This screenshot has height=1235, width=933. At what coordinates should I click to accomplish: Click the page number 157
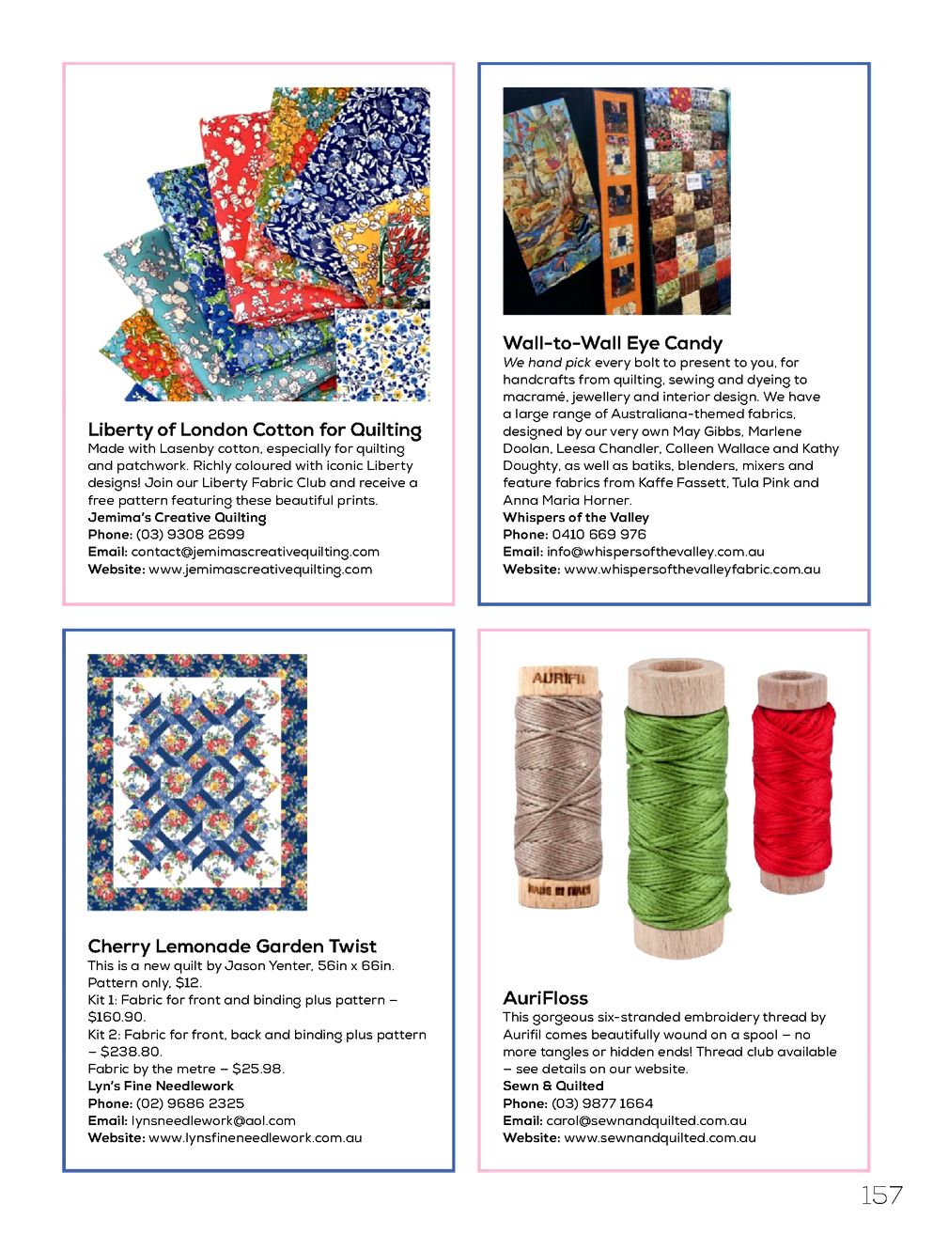point(881,1195)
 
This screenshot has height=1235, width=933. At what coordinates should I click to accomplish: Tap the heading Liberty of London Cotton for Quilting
point(255,430)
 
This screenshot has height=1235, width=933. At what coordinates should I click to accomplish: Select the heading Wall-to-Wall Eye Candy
point(613,343)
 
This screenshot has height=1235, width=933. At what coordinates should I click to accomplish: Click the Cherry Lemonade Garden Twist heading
point(232,946)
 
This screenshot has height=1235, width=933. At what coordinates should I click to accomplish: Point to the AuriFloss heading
point(545,997)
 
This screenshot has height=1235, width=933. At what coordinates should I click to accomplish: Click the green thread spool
point(676,808)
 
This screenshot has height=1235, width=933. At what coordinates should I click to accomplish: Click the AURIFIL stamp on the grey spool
point(558,679)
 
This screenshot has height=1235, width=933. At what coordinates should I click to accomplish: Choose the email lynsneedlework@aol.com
point(213,1120)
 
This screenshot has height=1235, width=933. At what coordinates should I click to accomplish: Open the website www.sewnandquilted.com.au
point(660,1137)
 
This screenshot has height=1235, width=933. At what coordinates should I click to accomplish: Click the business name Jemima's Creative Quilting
point(177,517)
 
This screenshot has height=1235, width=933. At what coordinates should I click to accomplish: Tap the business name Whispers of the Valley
point(575,517)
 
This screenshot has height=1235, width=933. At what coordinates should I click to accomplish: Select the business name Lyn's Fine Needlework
point(161,1086)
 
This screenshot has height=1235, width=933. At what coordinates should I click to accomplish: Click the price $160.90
point(117,1017)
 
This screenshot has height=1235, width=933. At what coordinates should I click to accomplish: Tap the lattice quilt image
point(197,782)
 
